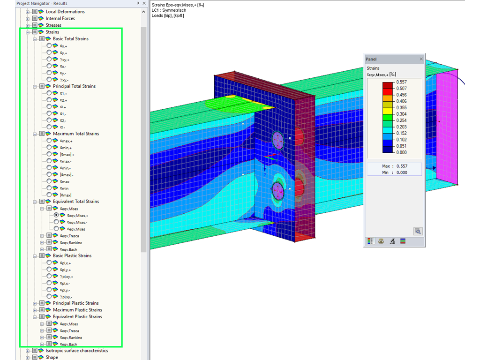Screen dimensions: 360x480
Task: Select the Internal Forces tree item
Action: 60,18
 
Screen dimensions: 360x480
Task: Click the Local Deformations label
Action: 65,12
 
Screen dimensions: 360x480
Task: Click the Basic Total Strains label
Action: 70,39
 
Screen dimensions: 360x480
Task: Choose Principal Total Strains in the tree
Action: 74,86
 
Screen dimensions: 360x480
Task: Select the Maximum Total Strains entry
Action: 75,134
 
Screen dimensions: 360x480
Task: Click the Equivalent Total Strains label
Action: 75,202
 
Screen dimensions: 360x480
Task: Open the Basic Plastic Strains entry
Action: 72,256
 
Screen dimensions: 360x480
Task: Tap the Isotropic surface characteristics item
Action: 76,351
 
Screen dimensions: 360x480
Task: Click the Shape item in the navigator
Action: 52,357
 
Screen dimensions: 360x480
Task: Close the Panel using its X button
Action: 421,59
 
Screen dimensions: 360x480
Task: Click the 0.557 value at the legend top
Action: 401,82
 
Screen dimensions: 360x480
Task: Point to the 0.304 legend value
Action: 401,114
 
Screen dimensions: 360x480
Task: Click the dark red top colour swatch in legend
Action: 388,85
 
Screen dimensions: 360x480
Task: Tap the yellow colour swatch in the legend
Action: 388,111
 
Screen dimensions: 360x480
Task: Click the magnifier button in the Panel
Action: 417,231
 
